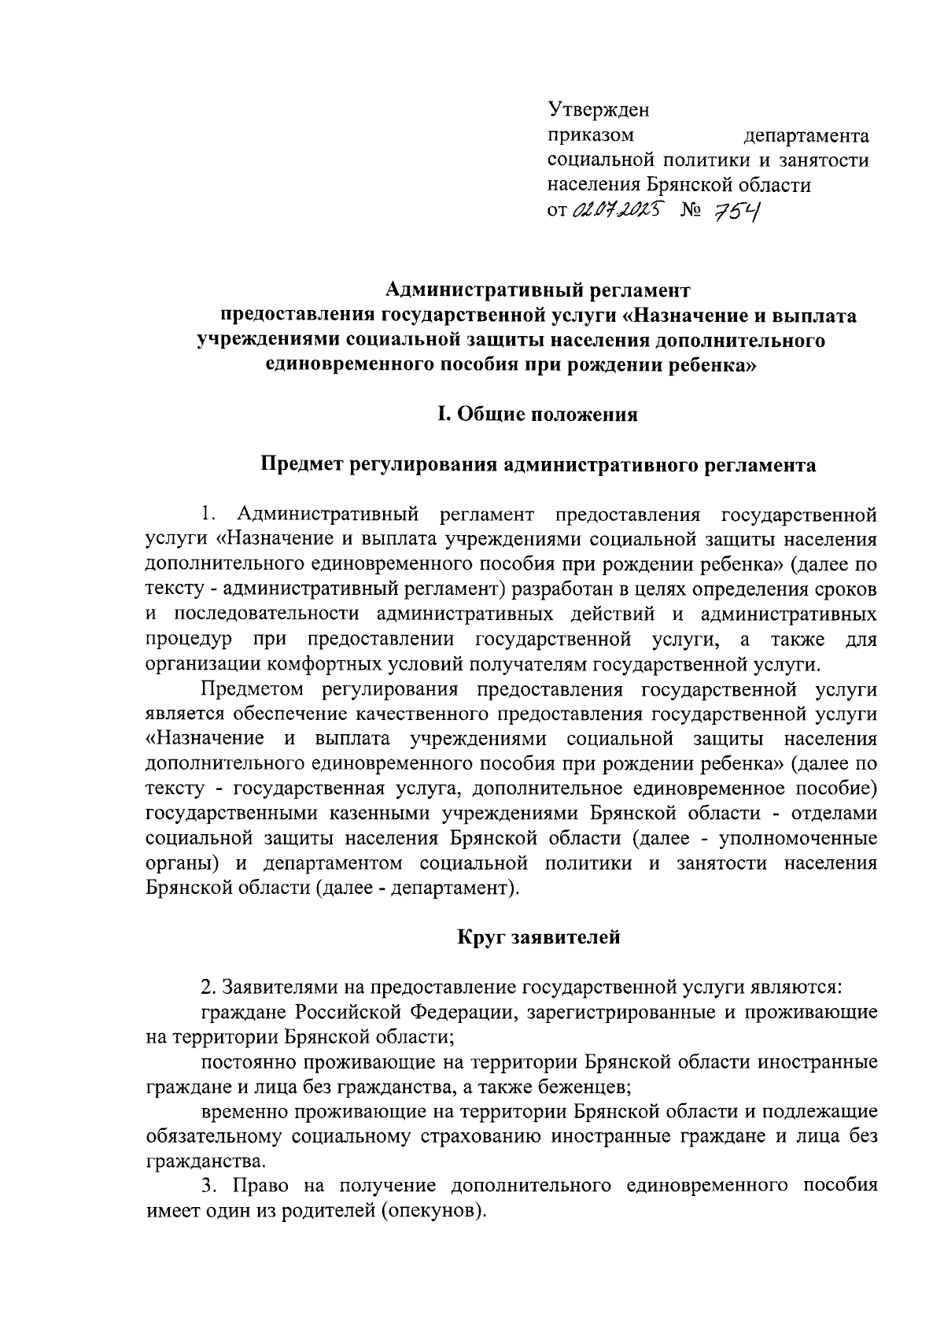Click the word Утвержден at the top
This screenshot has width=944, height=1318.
[598, 108]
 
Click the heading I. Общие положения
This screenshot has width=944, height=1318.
[538, 415]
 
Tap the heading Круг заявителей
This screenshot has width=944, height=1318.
[539, 937]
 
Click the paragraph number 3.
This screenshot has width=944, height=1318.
[208, 1185]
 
